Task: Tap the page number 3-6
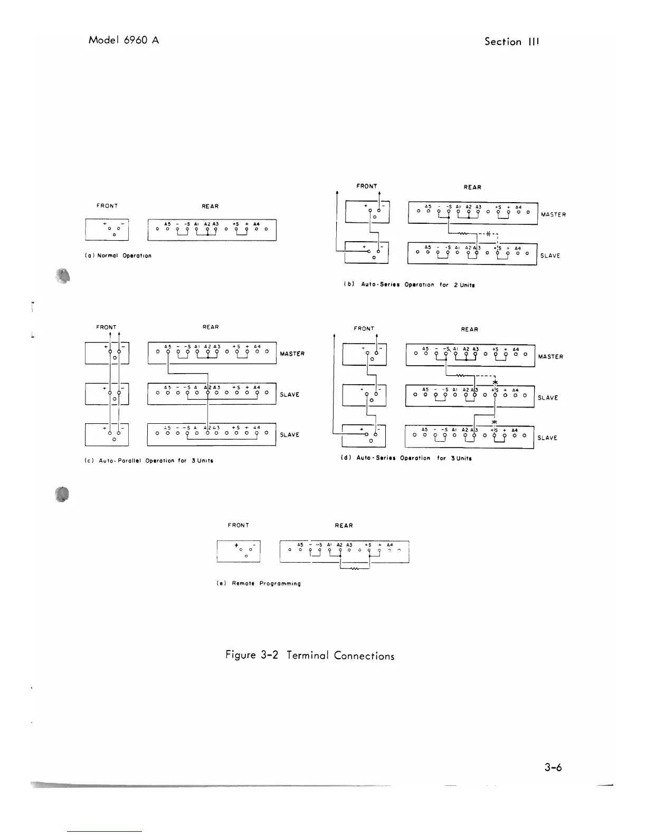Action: [x=553, y=767]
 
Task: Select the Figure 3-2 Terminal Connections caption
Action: [x=310, y=655]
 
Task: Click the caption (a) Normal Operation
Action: [x=118, y=255]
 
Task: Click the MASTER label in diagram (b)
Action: [x=553, y=215]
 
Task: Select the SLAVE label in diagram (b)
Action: [x=550, y=256]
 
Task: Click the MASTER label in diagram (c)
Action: [x=292, y=354]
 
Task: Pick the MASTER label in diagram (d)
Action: [x=550, y=357]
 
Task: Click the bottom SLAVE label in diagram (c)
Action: [x=290, y=435]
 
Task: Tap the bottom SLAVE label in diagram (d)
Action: [x=547, y=438]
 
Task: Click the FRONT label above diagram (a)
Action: [x=107, y=206]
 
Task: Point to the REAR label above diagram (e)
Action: [x=344, y=525]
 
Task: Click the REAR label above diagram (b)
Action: [x=472, y=187]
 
